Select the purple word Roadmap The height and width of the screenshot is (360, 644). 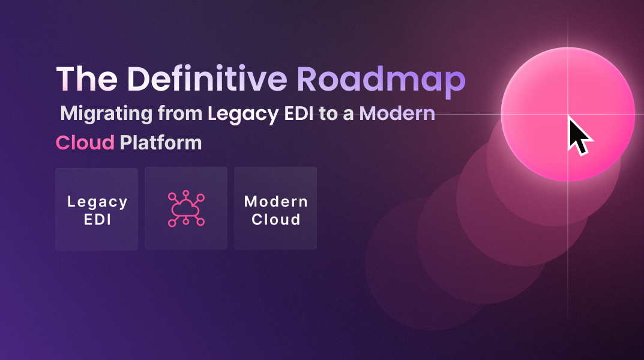(x=381, y=80)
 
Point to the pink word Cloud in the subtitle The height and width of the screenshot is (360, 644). (x=85, y=143)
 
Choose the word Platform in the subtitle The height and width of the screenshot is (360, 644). (x=160, y=143)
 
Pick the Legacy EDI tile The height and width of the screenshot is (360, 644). (x=97, y=209)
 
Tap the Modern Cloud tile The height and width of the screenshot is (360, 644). (x=275, y=209)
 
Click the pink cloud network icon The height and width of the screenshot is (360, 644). (x=186, y=209)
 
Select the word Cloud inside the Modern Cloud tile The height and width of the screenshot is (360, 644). (x=276, y=219)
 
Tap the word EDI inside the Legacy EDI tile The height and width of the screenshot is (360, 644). (x=97, y=219)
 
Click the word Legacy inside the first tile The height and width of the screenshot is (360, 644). (x=97, y=202)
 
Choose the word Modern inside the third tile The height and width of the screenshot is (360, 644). (x=276, y=202)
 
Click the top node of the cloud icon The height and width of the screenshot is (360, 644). (x=186, y=193)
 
